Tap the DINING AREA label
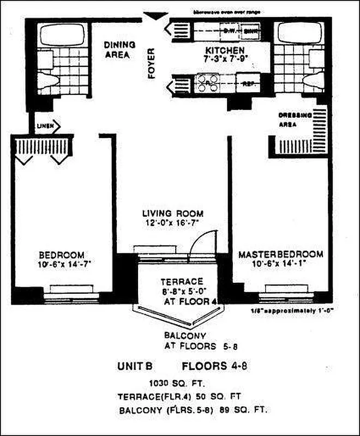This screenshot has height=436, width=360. click(x=117, y=50)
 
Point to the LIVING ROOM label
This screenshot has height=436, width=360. click(x=172, y=213)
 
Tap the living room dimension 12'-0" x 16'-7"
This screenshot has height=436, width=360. click(x=172, y=222)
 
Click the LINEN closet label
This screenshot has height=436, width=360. click(x=45, y=126)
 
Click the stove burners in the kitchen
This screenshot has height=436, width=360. click(x=208, y=83)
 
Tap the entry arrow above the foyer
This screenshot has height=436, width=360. click(x=156, y=16)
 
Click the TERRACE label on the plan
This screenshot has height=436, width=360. click(x=182, y=282)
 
